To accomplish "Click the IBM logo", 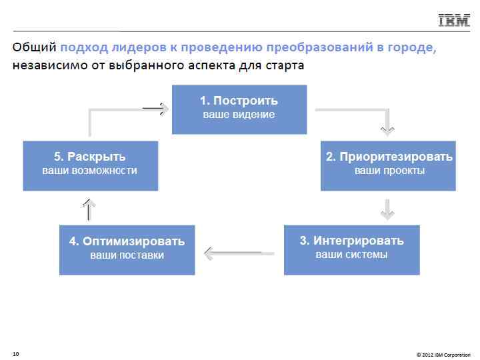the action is click(x=454, y=21).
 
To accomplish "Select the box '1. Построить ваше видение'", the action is click(x=239, y=109).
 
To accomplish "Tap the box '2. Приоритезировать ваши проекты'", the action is click(x=389, y=165).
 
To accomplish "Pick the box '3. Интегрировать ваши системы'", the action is click(x=351, y=250).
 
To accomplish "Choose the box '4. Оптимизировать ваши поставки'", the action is click(x=127, y=250).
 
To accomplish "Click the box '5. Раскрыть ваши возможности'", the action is click(x=90, y=165).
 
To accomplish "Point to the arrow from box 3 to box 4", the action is click(x=239, y=253).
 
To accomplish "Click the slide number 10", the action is click(x=15, y=353).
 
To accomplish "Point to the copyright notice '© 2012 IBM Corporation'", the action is click(x=443, y=353).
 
